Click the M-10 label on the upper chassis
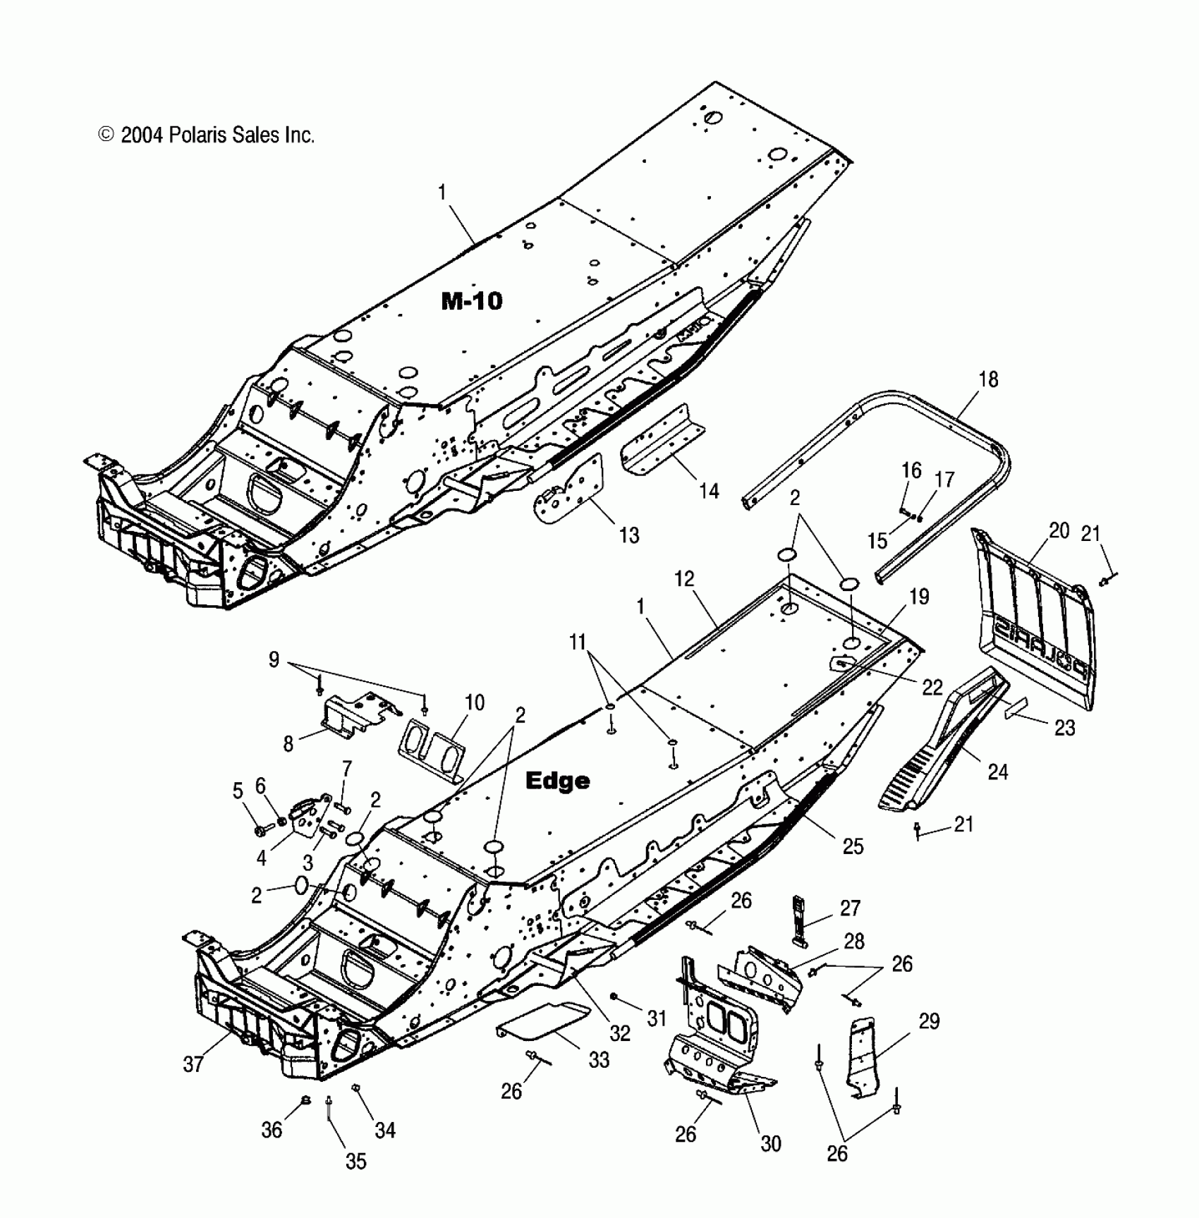tap(472, 301)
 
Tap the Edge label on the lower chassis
tap(557, 781)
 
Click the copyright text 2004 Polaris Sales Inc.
tap(207, 135)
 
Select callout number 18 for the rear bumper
tap(988, 379)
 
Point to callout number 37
tap(193, 1064)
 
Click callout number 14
tap(709, 491)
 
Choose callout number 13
tap(628, 535)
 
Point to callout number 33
tap(599, 1059)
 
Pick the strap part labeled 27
tap(800, 919)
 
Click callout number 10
tap(475, 702)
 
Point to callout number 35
tap(356, 1161)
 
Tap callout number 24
tap(997, 772)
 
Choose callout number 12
tap(684, 579)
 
